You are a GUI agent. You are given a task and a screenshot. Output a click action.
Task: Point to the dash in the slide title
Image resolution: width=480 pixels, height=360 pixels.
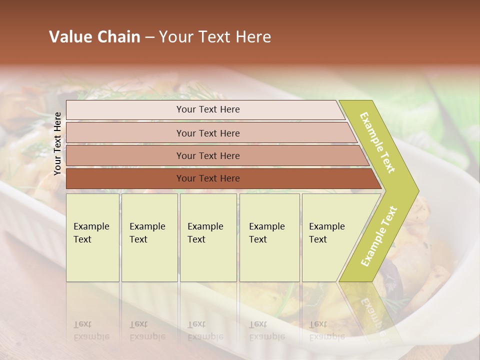pyautogui.click(x=149, y=37)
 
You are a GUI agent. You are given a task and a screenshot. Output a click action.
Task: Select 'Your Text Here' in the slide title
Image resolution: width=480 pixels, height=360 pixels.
pyautogui.click(x=215, y=37)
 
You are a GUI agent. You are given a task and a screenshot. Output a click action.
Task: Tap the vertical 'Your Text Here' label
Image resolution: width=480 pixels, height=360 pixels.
pyautogui.click(x=57, y=143)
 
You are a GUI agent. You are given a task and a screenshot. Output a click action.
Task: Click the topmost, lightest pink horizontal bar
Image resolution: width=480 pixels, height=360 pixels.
pyautogui.click(x=207, y=109)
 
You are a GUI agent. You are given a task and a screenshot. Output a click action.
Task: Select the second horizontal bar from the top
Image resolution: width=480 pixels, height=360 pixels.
pyautogui.click(x=207, y=133)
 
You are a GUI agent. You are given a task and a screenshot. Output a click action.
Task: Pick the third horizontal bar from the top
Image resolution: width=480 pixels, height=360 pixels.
pyautogui.click(x=207, y=155)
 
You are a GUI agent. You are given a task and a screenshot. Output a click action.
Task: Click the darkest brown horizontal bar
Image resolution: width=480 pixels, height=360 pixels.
pyautogui.click(x=207, y=178)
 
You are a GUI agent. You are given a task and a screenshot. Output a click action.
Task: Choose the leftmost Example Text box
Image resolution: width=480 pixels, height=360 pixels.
pyautogui.click(x=92, y=237)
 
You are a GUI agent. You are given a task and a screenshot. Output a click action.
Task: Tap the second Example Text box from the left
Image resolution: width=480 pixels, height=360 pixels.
pyautogui.click(x=149, y=237)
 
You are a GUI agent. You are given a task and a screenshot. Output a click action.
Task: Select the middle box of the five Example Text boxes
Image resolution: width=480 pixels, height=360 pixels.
pyautogui.click(x=208, y=237)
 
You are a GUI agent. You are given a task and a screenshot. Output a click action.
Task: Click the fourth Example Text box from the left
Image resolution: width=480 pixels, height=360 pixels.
pyautogui.click(x=269, y=237)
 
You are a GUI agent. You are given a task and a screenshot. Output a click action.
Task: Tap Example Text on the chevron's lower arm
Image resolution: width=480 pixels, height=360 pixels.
pyautogui.click(x=379, y=236)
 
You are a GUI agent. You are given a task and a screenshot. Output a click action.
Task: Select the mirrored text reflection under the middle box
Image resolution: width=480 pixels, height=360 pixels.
pyautogui.click(x=205, y=330)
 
